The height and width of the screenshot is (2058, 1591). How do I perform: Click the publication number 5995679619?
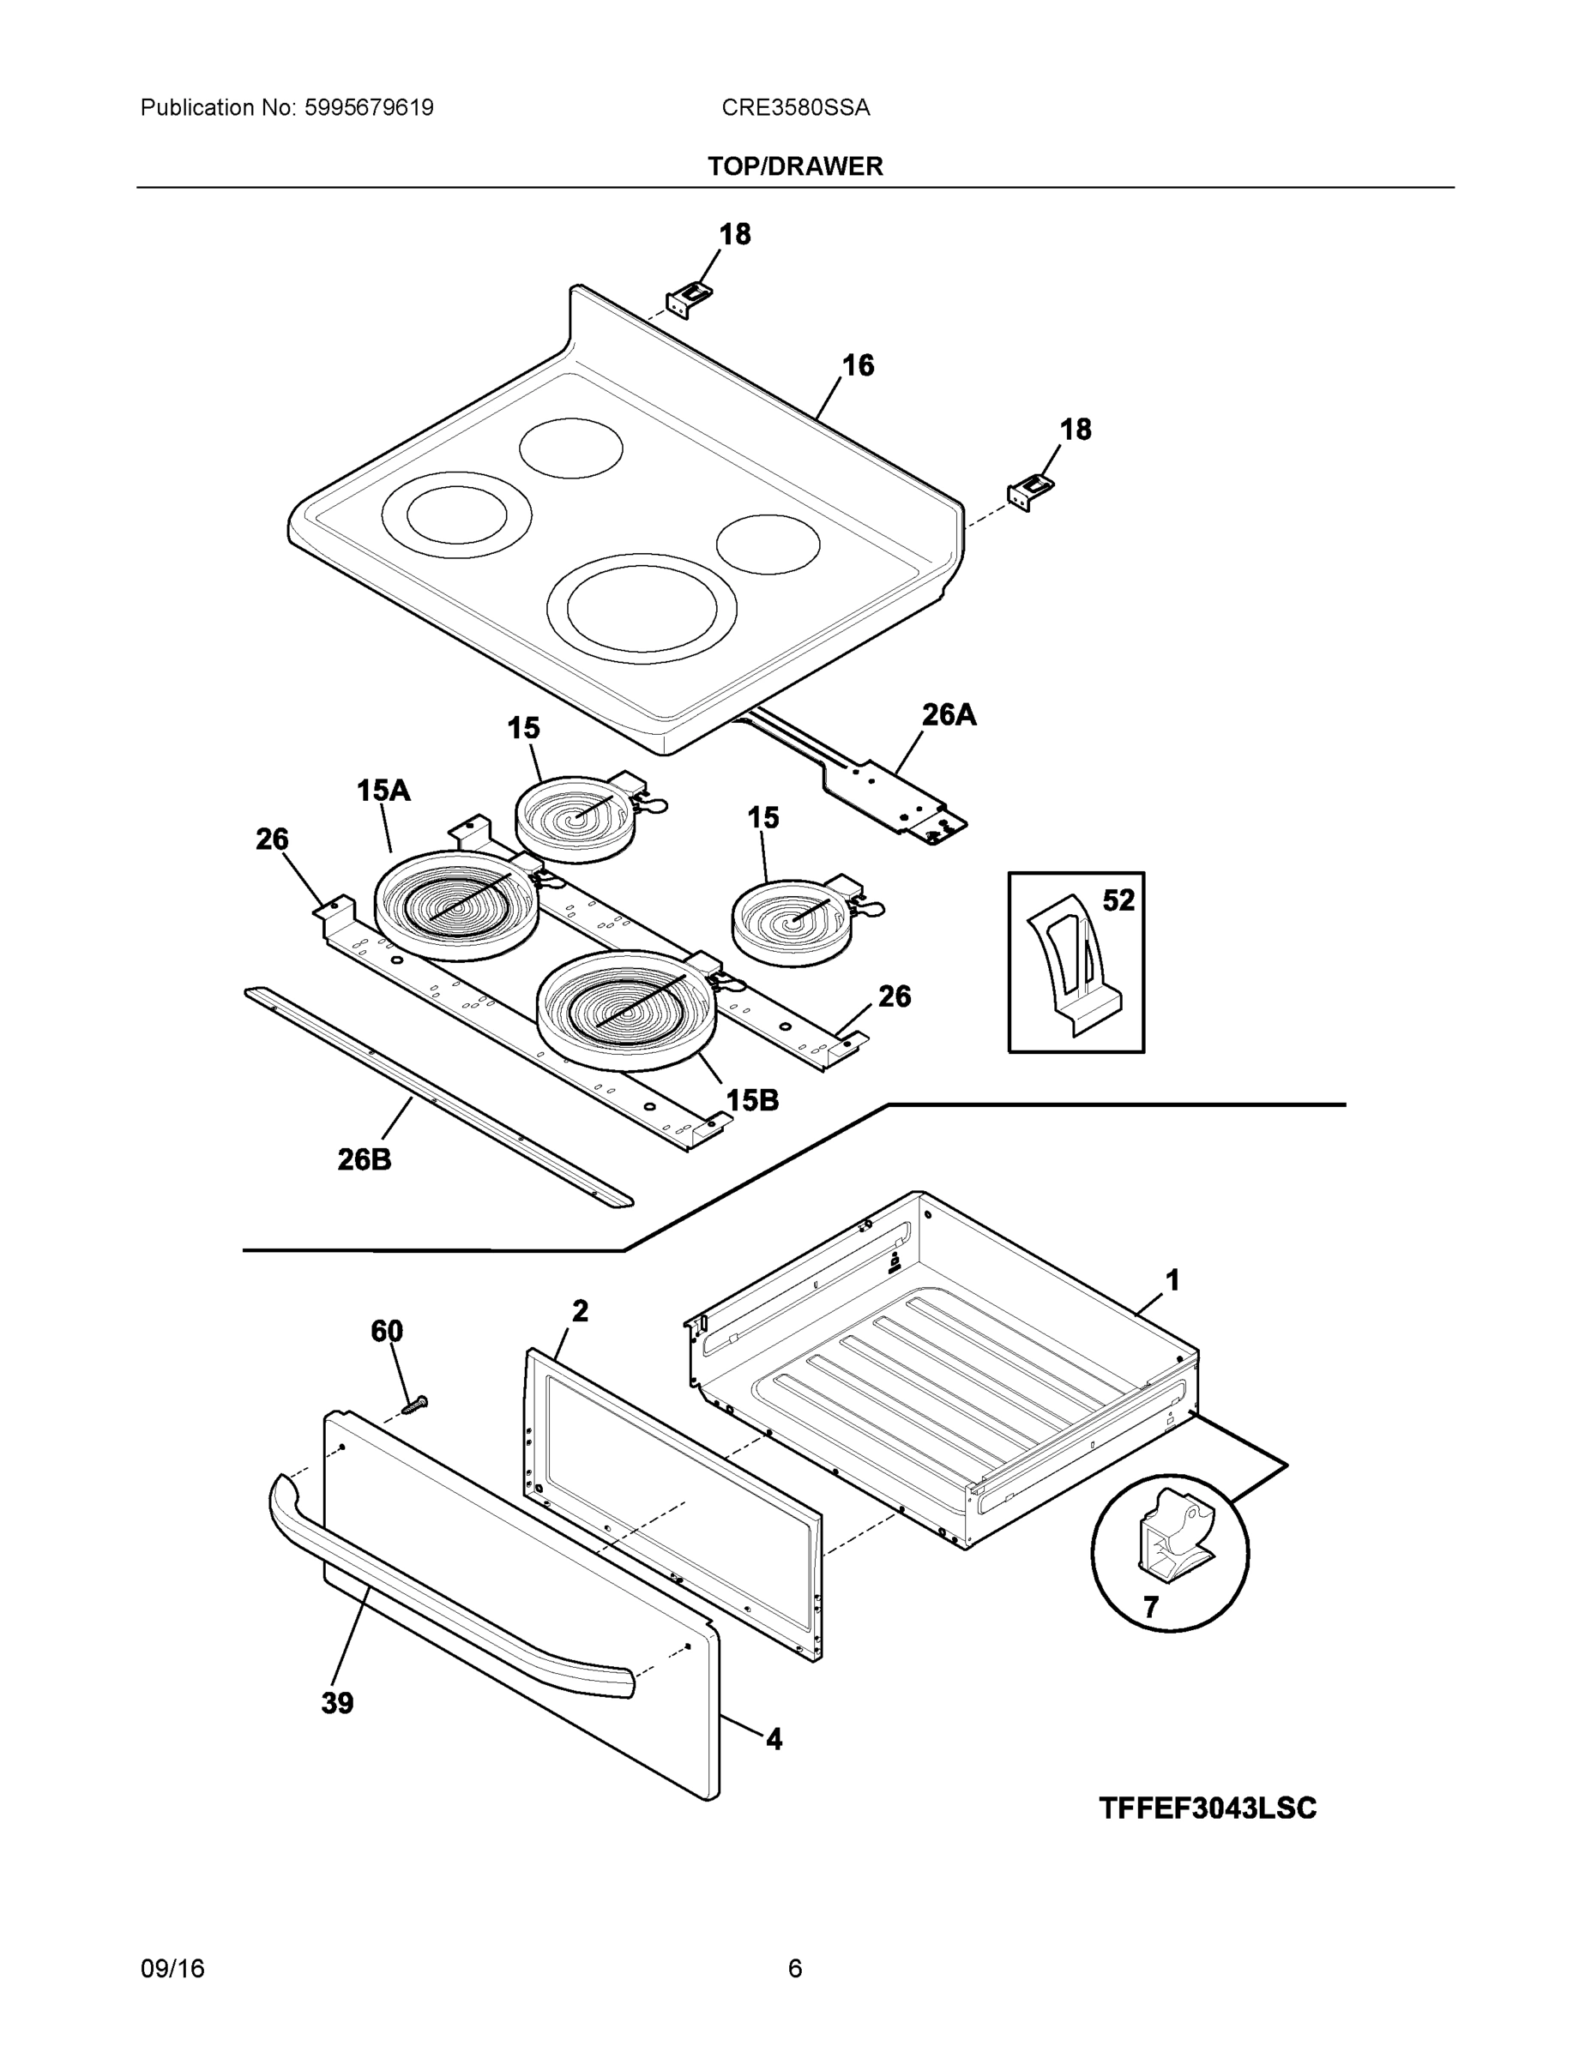(369, 108)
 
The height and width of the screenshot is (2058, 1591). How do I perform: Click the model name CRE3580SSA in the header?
(796, 108)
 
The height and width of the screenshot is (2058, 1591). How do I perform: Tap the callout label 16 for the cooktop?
(858, 365)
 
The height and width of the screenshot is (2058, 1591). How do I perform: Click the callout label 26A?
(949, 715)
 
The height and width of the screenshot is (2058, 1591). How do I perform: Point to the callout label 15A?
(383, 791)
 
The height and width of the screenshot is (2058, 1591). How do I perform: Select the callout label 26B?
(365, 1160)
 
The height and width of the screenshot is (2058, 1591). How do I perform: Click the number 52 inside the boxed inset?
(1118, 901)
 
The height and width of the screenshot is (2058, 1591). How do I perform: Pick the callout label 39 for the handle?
(337, 1704)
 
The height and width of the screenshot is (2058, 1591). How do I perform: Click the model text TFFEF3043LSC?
(1208, 1809)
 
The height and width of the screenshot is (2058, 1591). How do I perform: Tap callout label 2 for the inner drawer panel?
(580, 1311)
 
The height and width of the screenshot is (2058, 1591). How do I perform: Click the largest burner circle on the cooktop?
(642, 609)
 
